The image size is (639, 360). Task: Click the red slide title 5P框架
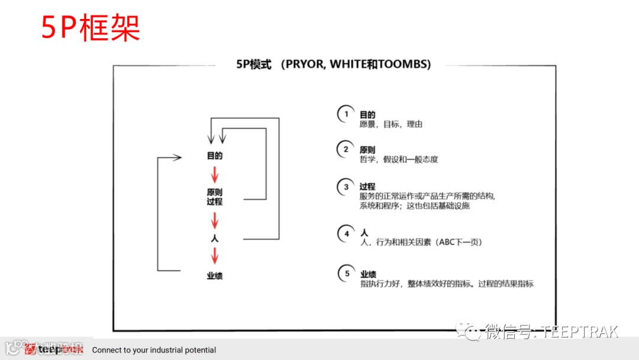point(91,27)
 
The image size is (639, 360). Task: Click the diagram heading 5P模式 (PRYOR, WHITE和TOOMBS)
point(333,64)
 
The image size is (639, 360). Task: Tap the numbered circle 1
point(346,114)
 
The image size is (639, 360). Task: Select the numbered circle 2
point(346,149)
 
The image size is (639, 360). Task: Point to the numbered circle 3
point(346,187)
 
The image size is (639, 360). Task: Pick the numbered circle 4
point(346,233)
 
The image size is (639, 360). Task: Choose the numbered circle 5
point(346,274)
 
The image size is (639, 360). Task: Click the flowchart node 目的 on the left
point(214,156)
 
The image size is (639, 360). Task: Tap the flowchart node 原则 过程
point(214,197)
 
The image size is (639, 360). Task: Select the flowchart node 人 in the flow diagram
point(215,239)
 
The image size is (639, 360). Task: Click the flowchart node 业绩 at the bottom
point(214,276)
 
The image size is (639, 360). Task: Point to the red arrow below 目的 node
point(215,175)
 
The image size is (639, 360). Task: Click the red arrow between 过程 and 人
point(215,220)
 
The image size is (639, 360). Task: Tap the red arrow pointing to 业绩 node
point(215,256)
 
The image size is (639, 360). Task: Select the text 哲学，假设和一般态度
point(399,159)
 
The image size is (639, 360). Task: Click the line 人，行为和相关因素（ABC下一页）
point(417,242)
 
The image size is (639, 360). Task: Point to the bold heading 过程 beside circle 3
point(367,187)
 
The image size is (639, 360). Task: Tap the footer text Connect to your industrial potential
point(154,350)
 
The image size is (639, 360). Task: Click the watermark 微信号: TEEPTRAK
point(550,331)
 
